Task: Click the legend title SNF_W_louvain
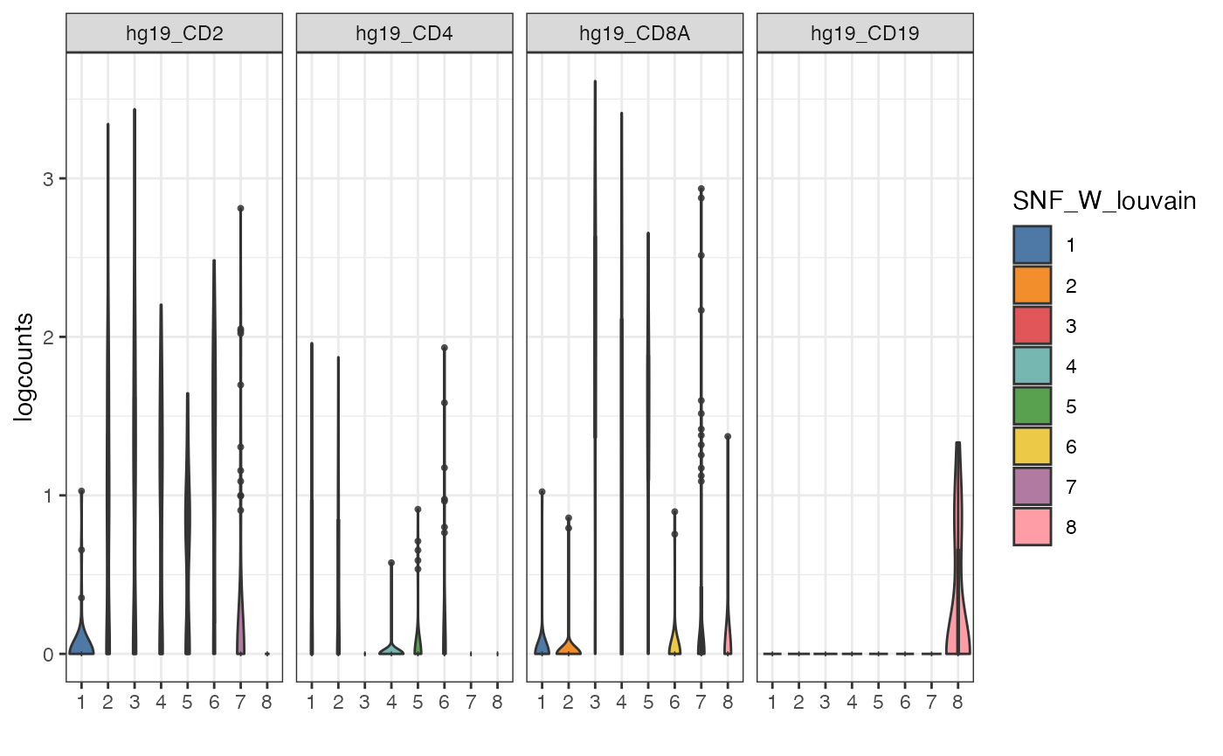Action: (x=1103, y=202)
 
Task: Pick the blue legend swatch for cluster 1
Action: (x=1032, y=245)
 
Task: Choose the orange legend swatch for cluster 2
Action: (x=1032, y=285)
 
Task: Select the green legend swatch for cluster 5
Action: (x=1032, y=406)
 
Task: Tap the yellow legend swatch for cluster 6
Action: (x=1032, y=447)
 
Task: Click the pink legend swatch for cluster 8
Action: (x=1032, y=527)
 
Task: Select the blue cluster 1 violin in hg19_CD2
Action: (x=81, y=641)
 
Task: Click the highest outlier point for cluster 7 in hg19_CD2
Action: (x=240, y=208)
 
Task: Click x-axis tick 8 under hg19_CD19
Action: (x=958, y=701)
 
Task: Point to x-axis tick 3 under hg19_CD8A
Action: (x=595, y=701)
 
